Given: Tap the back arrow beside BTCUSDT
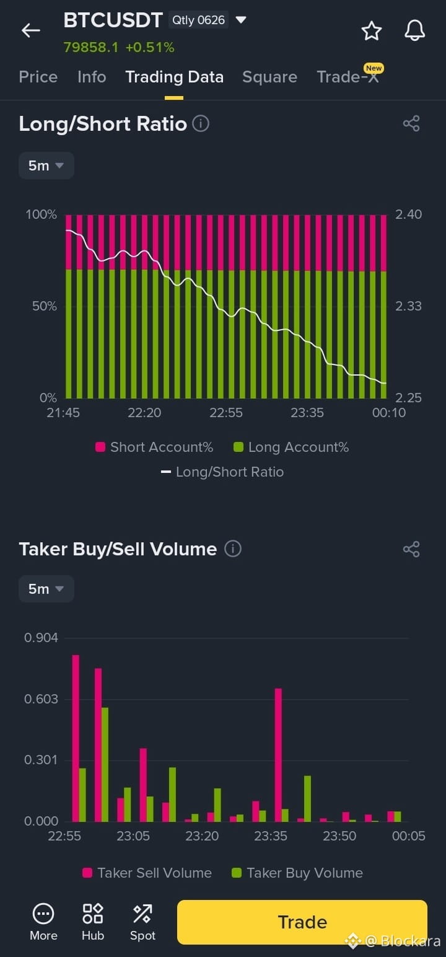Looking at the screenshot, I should click(30, 30).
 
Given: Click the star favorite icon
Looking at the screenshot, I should click(372, 30).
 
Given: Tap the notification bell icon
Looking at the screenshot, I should click(414, 30).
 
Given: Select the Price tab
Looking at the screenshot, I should click(38, 77).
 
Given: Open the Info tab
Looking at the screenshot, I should click(92, 77).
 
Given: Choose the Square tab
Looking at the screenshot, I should click(269, 77).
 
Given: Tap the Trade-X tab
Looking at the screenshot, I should click(348, 77).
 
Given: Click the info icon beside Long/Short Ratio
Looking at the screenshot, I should click(201, 123).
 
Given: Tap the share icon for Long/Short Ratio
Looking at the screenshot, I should click(411, 123).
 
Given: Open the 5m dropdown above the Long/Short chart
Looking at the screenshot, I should click(46, 165).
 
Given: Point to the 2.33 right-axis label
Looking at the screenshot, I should click(408, 306).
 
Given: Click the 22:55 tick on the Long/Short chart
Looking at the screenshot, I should click(226, 413).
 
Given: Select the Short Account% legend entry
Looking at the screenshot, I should click(154, 447).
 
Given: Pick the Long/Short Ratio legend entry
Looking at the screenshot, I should click(222, 472).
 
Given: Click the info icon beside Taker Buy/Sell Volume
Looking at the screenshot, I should click(233, 549).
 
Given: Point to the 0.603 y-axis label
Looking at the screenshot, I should click(41, 699).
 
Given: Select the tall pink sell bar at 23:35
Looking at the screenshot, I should click(278, 754).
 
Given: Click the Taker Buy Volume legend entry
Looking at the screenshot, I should click(297, 873).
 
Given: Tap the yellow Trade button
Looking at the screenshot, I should click(302, 922).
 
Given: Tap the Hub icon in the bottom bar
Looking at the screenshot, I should click(93, 921).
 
